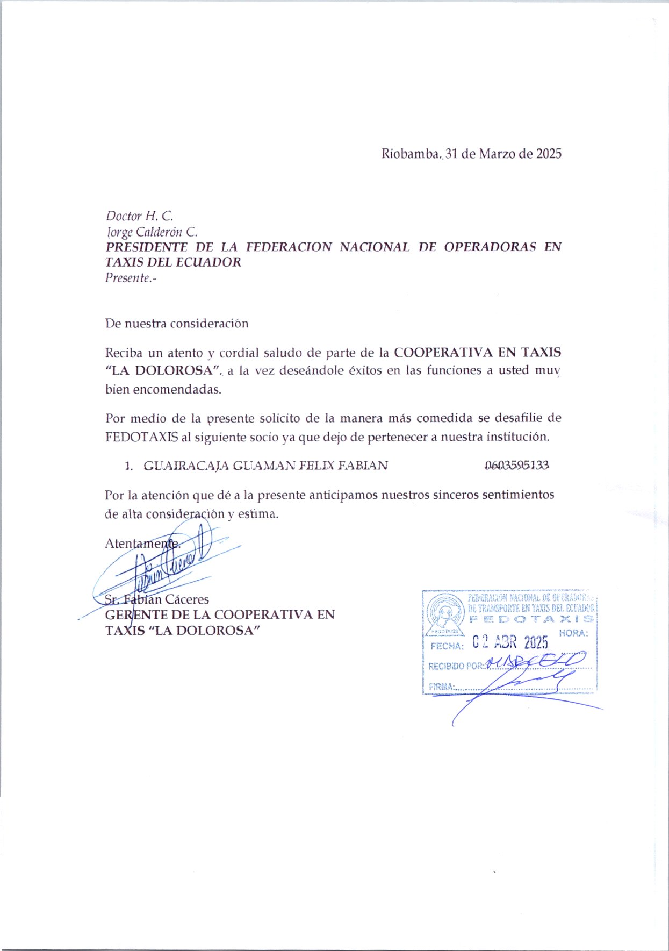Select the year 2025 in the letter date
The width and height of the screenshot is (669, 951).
[549, 154]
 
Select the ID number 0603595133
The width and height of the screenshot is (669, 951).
[516, 466]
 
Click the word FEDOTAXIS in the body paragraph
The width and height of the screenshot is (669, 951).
[141, 437]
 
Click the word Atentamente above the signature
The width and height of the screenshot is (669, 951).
[142, 544]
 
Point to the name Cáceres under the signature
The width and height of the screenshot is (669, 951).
[186, 599]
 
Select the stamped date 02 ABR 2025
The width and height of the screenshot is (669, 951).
[510, 642]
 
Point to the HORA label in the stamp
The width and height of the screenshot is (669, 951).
[573, 633]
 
